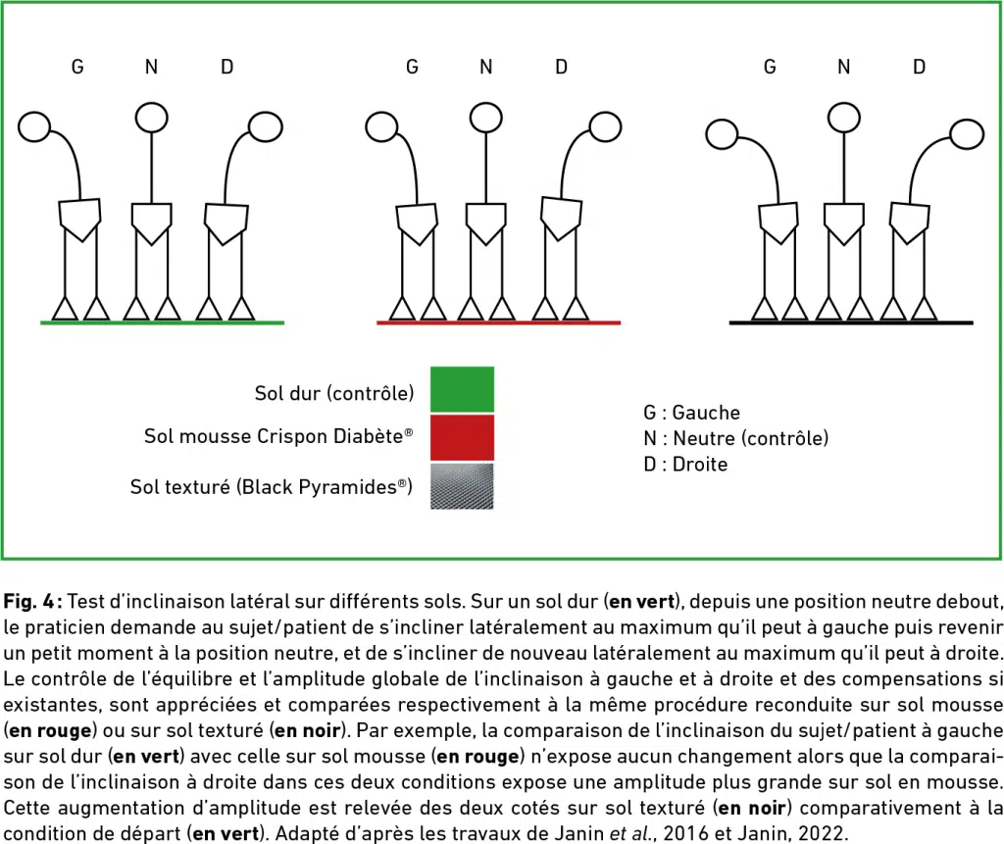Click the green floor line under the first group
[x=162, y=323]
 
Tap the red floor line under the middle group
[x=499, y=323]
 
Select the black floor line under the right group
[x=851, y=323]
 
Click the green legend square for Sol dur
[x=463, y=389]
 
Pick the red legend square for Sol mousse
[x=463, y=437]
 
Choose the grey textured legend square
[x=463, y=486]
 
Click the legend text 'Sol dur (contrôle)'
[x=334, y=393]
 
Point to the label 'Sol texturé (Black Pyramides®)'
[x=272, y=487]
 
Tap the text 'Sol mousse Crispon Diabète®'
[x=278, y=437]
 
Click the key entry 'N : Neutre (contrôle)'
[x=735, y=438]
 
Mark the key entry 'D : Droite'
[x=685, y=465]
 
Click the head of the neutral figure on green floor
[x=152, y=118]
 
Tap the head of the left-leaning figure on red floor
[x=381, y=126]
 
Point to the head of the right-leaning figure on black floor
[x=967, y=134]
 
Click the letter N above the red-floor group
[x=486, y=68]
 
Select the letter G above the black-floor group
[x=771, y=68]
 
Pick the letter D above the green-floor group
[x=227, y=68]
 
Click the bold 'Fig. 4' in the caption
[x=30, y=601]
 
